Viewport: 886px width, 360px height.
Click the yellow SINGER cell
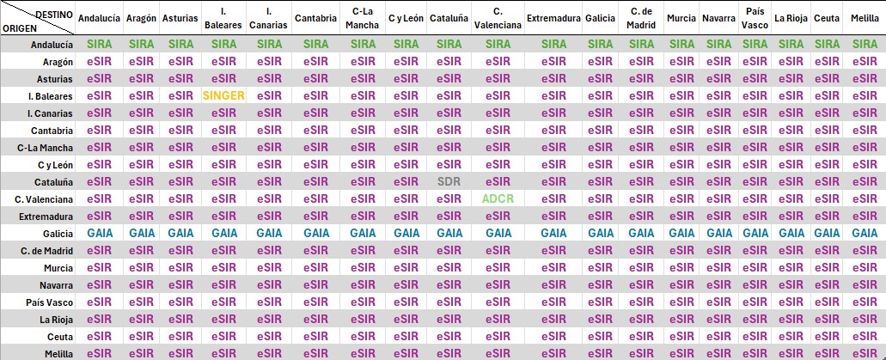(x=223, y=95)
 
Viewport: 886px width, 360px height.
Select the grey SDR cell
(x=449, y=181)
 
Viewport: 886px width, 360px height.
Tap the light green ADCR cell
(x=498, y=198)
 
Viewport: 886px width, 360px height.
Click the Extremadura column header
(x=552, y=18)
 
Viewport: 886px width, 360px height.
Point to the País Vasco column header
(x=755, y=18)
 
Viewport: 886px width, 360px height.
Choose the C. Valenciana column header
(x=498, y=18)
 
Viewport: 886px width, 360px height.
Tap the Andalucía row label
(x=51, y=44)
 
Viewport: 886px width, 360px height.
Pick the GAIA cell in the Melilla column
(x=864, y=233)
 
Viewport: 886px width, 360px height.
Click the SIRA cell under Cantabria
(x=315, y=44)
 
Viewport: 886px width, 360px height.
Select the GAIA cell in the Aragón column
(x=141, y=233)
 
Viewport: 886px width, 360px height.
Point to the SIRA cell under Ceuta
(x=826, y=44)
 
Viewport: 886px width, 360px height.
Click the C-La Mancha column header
(x=362, y=18)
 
